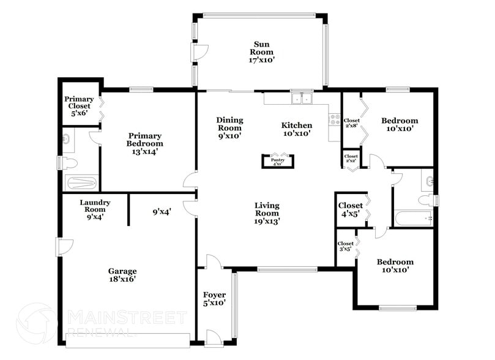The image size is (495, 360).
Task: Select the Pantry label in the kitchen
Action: [x=278, y=162]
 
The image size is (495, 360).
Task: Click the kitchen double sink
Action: [x=301, y=98]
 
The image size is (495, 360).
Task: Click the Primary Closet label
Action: [x=79, y=106]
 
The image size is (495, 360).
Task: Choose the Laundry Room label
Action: [x=95, y=209]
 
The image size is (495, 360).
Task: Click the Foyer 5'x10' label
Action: [x=214, y=299]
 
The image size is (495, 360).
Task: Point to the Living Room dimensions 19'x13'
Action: [x=267, y=222]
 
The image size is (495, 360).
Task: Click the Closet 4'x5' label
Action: [x=350, y=209]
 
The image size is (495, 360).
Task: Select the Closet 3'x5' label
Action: [x=346, y=246]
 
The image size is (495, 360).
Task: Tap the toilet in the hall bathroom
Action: [x=425, y=200]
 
